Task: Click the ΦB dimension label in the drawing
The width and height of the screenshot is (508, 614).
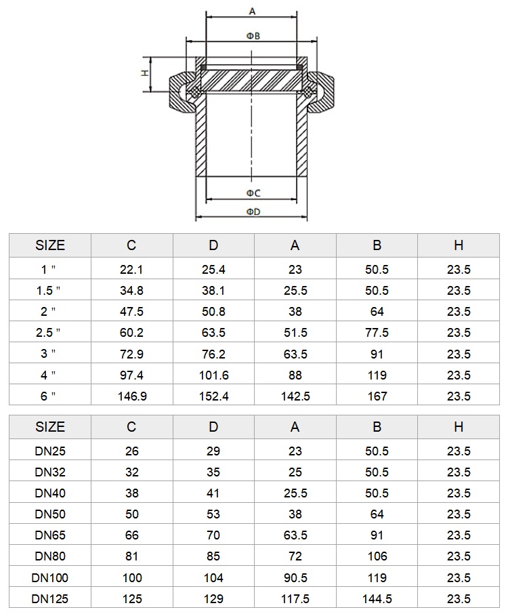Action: (253, 36)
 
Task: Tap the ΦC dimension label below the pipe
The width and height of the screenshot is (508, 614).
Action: (253, 193)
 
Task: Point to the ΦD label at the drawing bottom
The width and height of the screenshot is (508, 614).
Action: (253, 212)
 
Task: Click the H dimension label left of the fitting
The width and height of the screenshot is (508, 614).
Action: (145, 73)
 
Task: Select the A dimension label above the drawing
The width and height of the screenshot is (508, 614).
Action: (252, 12)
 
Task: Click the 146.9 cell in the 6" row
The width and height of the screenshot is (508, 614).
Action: (132, 396)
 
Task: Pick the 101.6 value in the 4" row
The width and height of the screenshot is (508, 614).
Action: (213, 375)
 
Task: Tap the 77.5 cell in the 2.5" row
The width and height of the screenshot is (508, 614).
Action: (377, 333)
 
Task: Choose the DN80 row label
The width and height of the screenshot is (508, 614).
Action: (50, 556)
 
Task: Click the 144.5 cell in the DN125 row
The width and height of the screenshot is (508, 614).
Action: (377, 598)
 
